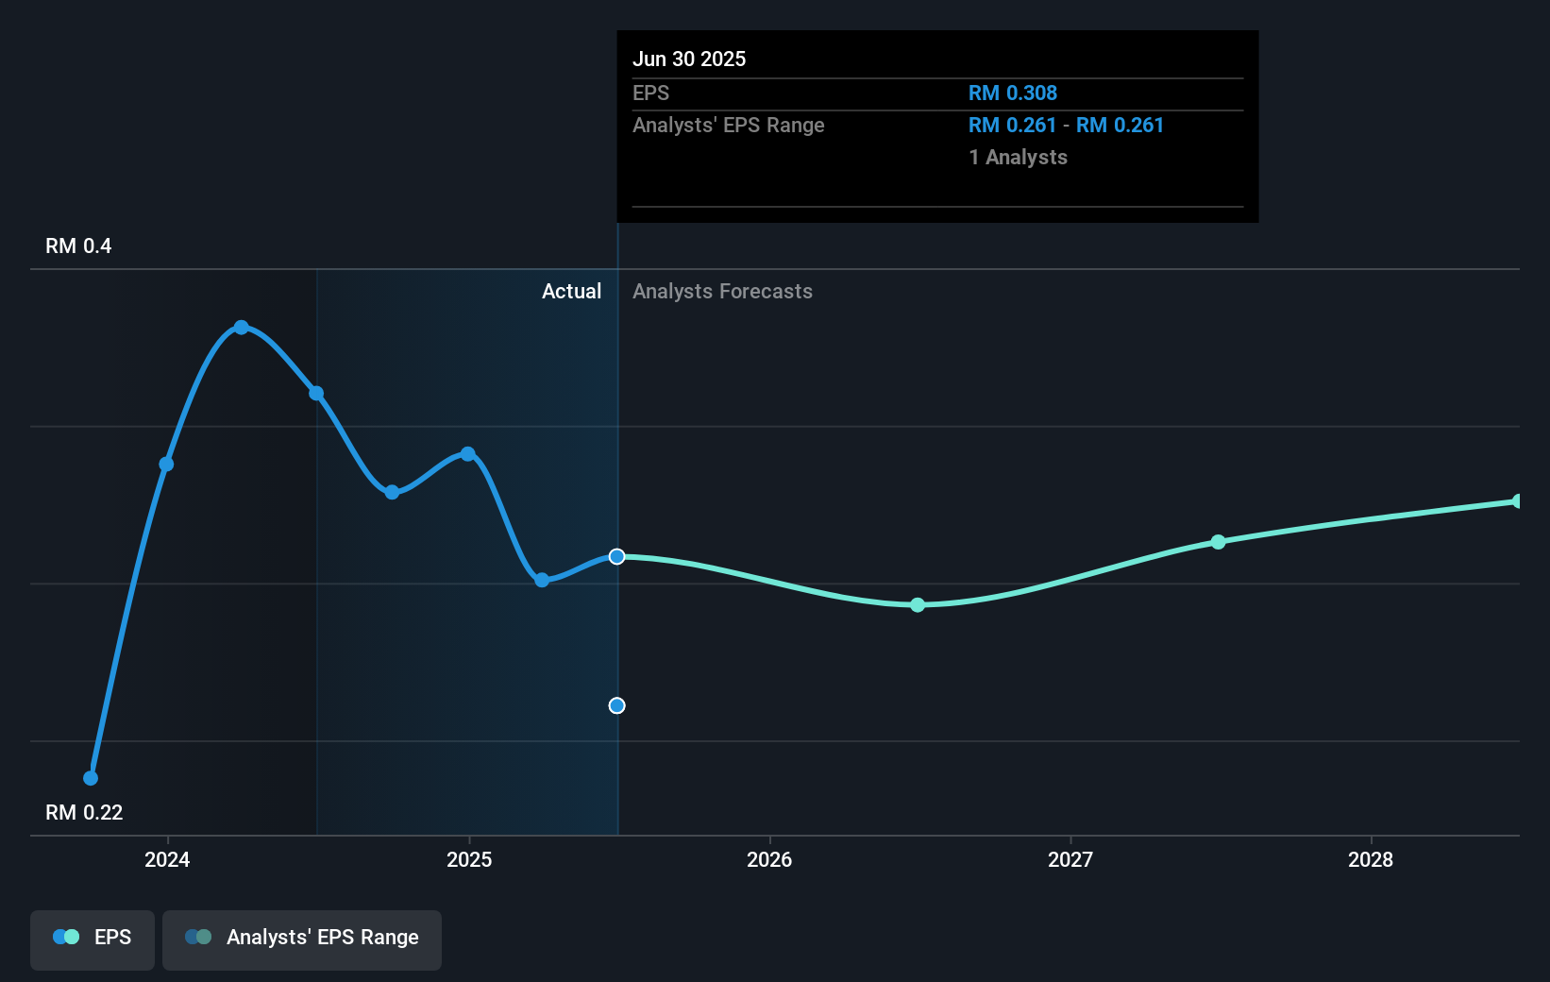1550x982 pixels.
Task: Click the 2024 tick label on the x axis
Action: (x=167, y=859)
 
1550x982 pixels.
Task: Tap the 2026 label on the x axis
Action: (x=768, y=859)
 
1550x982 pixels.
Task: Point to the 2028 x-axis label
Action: (x=1370, y=859)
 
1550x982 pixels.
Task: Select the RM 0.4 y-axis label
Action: (x=78, y=246)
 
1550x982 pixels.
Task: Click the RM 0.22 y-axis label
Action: (x=84, y=812)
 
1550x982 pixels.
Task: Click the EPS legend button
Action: (x=93, y=939)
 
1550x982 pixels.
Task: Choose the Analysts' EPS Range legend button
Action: (x=302, y=939)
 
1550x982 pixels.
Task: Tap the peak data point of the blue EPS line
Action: (x=242, y=328)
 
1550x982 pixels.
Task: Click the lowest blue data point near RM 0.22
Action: (x=91, y=778)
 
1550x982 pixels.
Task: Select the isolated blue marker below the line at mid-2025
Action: (x=616, y=705)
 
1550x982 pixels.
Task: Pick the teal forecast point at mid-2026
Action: (x=918, y=604)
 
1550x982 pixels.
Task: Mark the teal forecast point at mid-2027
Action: (x=1218, y=542)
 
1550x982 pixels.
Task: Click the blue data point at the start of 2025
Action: (x=468, y=454)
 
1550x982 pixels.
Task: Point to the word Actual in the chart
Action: (x=571, y=292)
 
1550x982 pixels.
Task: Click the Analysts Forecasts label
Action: (x=722, y=292)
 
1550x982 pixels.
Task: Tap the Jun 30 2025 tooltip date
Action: (x=689, y=59)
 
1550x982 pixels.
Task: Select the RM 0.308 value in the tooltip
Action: (x=1012, y=93)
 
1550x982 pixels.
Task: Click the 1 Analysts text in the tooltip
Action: (x=1018, y=158)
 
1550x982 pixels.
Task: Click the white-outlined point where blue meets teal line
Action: (x=616, y=557)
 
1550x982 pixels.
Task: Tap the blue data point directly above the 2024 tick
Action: (x=166, y=464)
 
